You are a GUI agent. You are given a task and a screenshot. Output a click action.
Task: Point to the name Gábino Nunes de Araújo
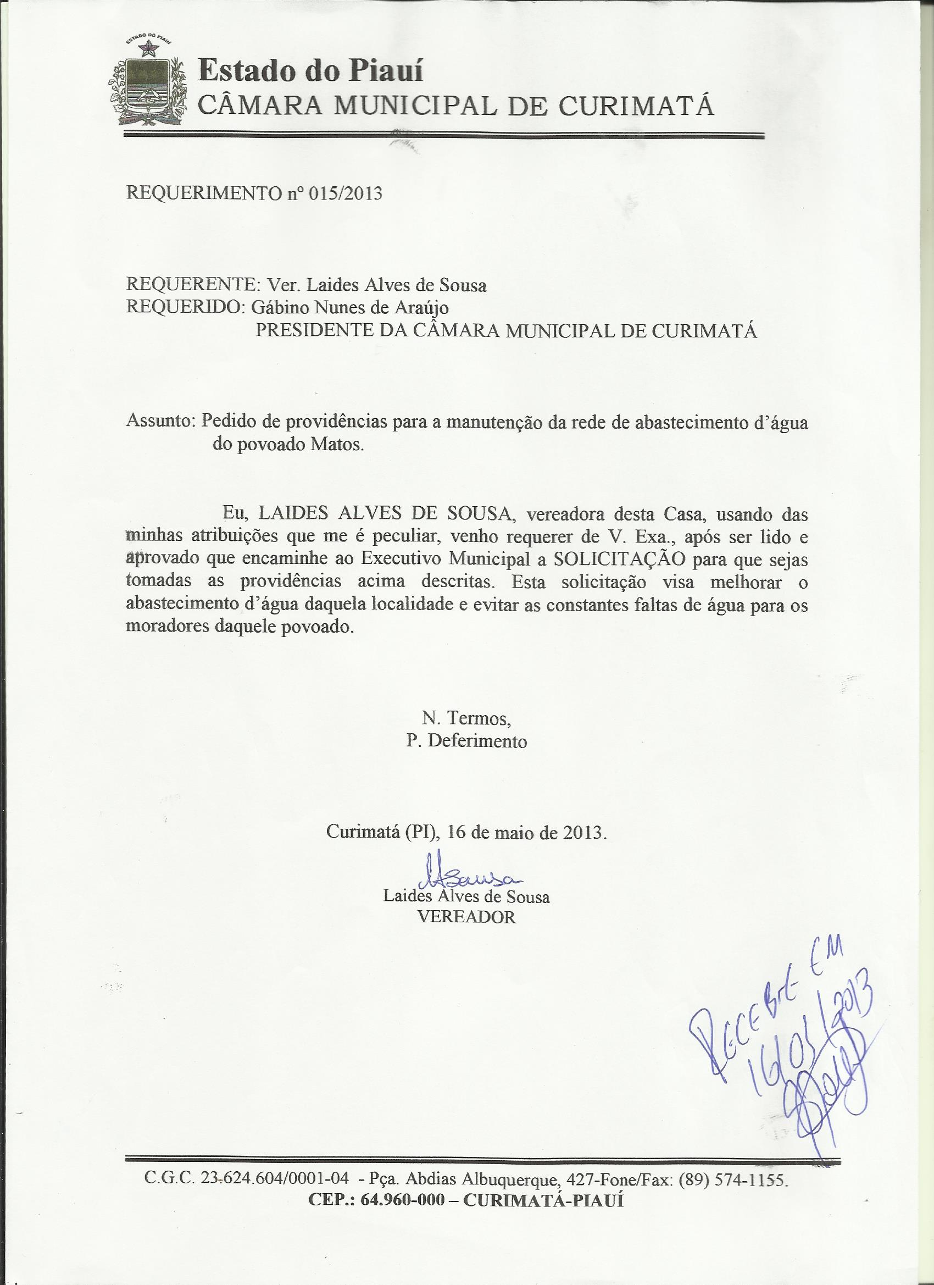click(349, 308)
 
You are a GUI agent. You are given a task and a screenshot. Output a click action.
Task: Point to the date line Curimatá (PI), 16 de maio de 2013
click(466, 832)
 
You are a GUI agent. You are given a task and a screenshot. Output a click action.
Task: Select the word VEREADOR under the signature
click(466, 917)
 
